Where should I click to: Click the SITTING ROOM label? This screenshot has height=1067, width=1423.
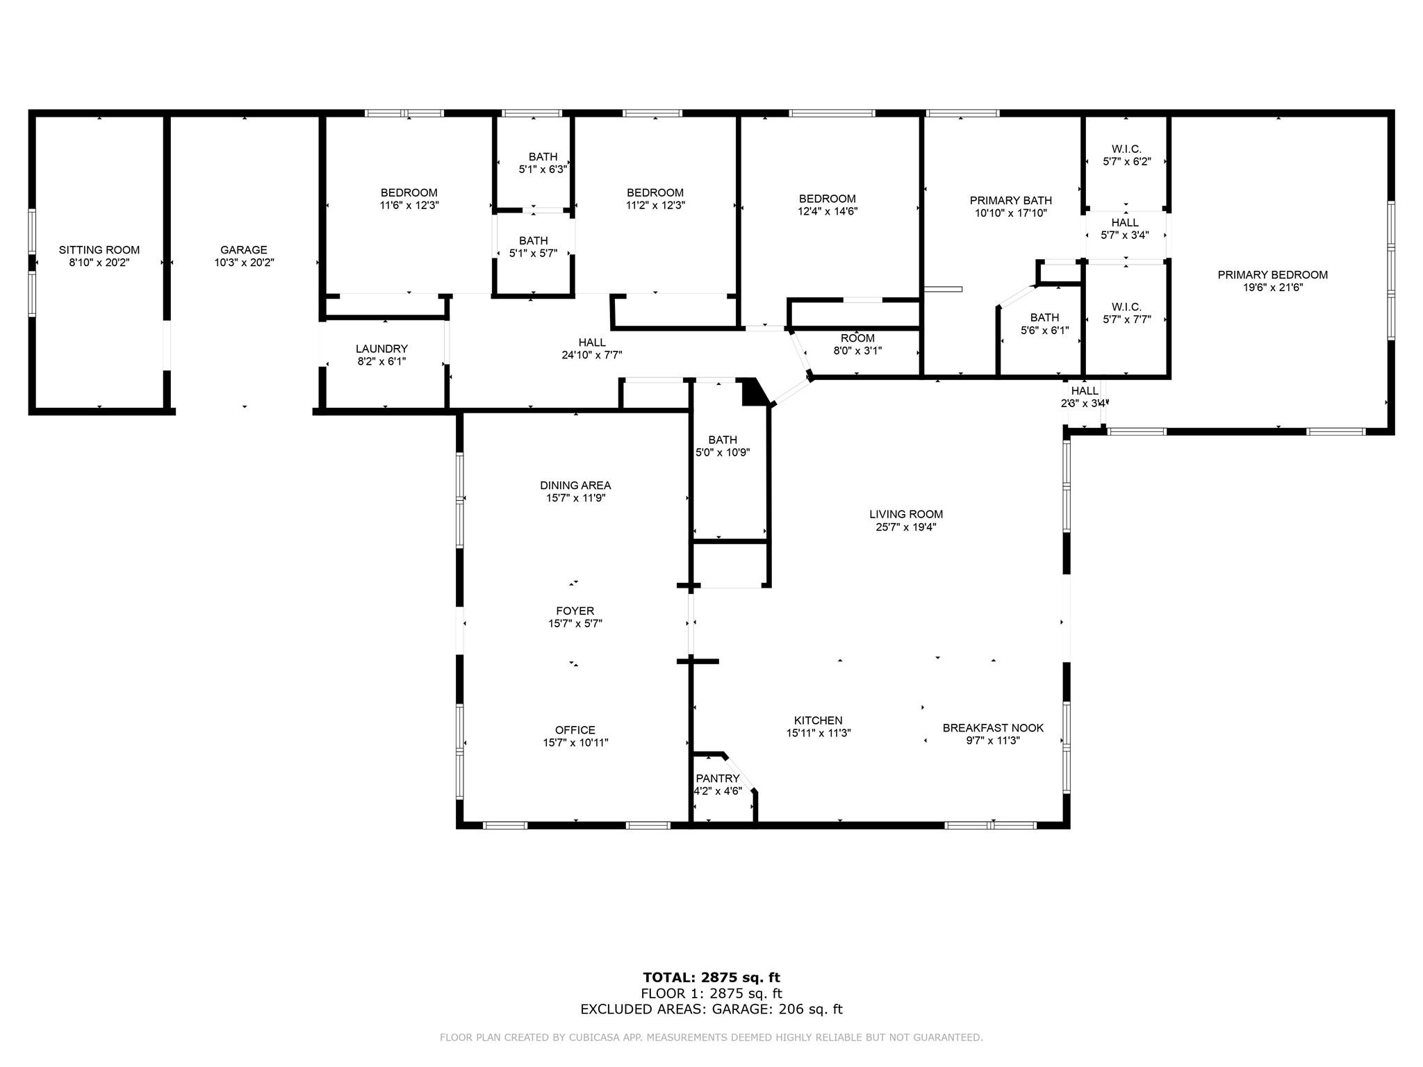click(99, 250)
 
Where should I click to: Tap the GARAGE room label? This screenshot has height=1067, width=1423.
click(244, 250)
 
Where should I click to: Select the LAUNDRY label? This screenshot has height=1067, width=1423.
click(381, 349)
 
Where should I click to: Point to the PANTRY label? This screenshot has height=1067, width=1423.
click(718, 779)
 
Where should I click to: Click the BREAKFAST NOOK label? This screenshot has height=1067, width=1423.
click(993, 728)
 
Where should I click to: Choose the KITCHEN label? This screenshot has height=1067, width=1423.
click(819, 720)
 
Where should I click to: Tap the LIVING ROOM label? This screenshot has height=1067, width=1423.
click(906, 514)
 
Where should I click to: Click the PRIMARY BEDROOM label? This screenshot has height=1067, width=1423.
click(1272, 275)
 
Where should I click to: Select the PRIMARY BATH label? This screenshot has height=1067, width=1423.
click(1011, 201)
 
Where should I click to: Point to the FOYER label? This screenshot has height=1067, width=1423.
click(575, 611)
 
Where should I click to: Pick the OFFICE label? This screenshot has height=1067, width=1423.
click(575, 730)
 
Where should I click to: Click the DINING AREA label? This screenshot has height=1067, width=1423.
click(575, 486)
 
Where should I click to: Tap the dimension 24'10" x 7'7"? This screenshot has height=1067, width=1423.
click(592, 355)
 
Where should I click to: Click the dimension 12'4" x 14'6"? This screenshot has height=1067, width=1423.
click(828, 211)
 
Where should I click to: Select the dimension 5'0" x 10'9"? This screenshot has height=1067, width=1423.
click(723, 452)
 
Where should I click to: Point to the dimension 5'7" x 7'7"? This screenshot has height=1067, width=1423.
click(1126, 320)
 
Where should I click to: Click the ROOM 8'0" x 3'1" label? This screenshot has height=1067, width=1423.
click(857, 345)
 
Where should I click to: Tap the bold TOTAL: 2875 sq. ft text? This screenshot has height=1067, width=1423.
click(711, 978)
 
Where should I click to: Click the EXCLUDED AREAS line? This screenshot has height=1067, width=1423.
click(711, 1009)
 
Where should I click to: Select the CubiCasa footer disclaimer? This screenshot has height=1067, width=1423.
click(711, 1038)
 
